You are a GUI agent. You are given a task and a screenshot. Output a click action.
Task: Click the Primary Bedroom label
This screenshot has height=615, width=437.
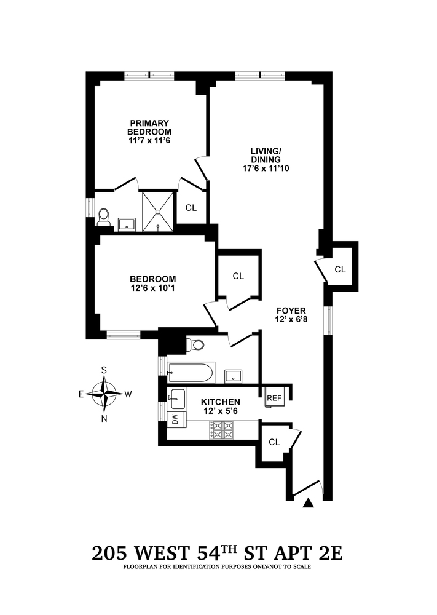(149, 127)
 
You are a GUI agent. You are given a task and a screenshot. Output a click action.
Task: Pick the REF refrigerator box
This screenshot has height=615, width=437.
(274, 399)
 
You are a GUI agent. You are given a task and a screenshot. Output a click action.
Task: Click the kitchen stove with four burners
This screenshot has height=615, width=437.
(224, 429)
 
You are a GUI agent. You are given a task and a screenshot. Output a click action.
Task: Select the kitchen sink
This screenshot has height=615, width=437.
(176, 398)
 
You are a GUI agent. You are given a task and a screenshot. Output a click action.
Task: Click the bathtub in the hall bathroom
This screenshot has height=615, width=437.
(191, 373)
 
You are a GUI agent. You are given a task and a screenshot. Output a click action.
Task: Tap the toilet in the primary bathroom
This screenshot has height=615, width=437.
(104, 216)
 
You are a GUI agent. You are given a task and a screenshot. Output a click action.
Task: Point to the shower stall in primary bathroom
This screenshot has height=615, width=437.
(159, 211)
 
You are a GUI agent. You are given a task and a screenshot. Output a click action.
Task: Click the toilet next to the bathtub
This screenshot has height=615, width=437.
(196, 344)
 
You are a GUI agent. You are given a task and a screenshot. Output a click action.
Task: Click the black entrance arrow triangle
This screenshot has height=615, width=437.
(309, 504)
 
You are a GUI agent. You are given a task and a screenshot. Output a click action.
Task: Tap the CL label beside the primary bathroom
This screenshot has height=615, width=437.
(191, 208)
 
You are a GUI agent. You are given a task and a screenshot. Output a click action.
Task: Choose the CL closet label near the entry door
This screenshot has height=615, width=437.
(274, 442)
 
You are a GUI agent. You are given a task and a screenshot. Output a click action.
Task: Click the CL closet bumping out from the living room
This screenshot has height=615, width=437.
(340, 269)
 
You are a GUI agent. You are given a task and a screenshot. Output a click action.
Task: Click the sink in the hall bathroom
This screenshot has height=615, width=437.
(233, 375)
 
